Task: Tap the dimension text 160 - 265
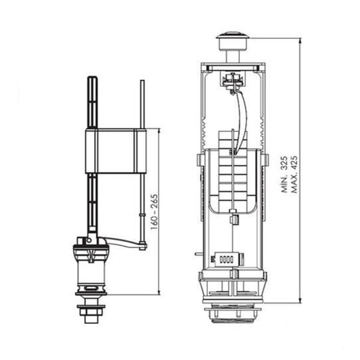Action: (x=155, y=212)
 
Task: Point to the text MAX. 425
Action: (x=294, y=174)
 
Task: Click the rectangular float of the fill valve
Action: (x=116, y=151)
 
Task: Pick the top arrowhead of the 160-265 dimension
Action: (x=159, y=130)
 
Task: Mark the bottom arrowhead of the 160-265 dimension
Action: (x=159, y=292)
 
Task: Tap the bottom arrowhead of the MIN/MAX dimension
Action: (x=301, y=301)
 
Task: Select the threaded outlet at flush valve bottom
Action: (x=233, y=313)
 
